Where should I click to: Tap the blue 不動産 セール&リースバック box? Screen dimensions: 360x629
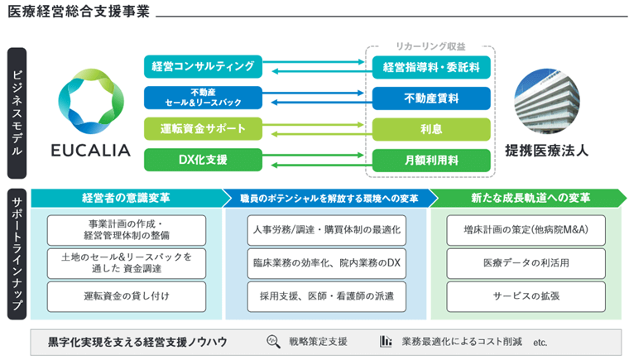click(x=203, y=98)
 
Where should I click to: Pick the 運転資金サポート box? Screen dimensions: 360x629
click(x=203, y=128)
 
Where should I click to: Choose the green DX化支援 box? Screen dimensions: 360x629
click(x=203, y=159)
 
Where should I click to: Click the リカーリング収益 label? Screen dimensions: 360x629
click(x=430, y=46)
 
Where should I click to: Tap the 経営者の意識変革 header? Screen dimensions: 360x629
click(x=126, y=199)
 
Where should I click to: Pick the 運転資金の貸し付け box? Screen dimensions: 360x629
click(x=127, y=294)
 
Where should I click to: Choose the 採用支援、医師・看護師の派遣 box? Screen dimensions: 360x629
click(x=328, y=294)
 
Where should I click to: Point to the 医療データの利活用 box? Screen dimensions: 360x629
click(x=527, y=262)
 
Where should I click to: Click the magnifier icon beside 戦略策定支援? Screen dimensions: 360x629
click(x=274, y=341)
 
